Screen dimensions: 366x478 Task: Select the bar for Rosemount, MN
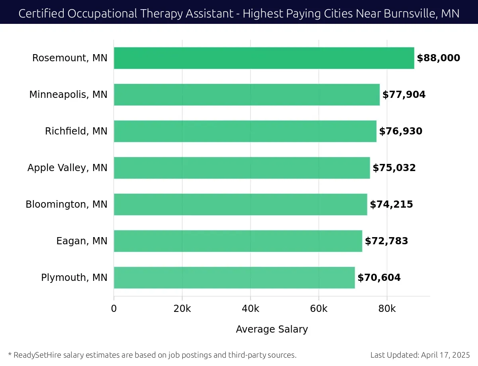click(x=264, y=58)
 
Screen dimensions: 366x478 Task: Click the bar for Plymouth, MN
click(x=234, y=278)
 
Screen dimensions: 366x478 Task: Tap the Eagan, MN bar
click(x=238, y=241)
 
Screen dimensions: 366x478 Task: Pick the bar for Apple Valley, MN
click(x=242, y=168)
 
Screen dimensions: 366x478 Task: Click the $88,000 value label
click(x=438, y=58)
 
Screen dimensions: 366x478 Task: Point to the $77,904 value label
click(x=404, y=95)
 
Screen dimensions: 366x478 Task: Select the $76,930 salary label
click(x=400, y=131)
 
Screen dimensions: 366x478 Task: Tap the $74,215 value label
click(x=391, y=204)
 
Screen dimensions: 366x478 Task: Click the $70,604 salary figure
click(x=379, y=278)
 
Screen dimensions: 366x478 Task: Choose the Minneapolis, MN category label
click(x=68, y=95)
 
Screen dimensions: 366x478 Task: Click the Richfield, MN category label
click(x=76, y=131)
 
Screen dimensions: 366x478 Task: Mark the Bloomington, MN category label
click(x=67, y=204)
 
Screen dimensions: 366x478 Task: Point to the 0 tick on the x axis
click(x=114, y=309)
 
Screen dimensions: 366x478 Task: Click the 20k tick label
click(x=182, y=309)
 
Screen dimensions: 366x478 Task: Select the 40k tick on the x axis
click(x=250, y=309)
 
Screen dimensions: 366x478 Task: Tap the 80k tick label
click(x=387, y=309)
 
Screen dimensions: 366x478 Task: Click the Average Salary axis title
click(x=272, y=329)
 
